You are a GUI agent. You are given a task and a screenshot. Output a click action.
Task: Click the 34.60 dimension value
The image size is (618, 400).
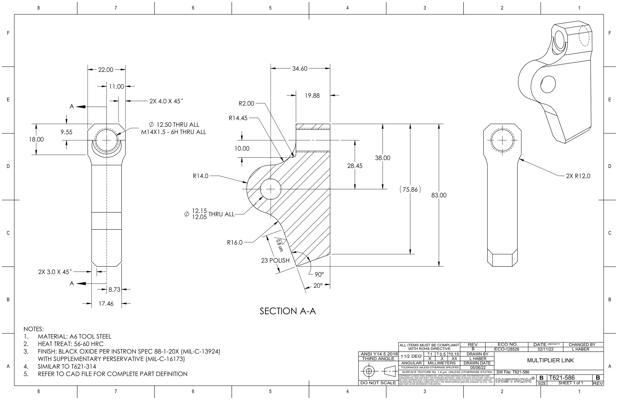(x=300, y=69)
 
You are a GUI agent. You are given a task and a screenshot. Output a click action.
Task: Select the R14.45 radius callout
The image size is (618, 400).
(x=238, y=118)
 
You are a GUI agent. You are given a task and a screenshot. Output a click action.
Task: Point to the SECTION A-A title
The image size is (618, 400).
(x=288, y=311)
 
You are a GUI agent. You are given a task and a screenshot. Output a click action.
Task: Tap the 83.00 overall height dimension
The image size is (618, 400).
(x=439, y=195)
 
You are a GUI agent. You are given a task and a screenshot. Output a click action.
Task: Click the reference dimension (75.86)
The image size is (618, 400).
(x=410, y=190)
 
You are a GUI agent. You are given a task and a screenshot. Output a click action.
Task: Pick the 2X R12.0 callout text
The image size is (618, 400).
(x=578, y=176)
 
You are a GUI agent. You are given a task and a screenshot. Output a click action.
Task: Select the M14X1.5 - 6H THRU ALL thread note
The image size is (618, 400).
(x=173, y=132)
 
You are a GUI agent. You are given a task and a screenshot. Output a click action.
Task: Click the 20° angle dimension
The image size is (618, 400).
(x=318, y=286)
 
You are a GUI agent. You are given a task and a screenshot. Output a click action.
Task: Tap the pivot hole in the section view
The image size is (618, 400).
(x=270, y=189)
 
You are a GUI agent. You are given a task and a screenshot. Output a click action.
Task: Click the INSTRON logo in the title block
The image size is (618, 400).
(x=515, y=380)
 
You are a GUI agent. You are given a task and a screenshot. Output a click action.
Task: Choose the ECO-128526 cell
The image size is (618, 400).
(x=507, y=349)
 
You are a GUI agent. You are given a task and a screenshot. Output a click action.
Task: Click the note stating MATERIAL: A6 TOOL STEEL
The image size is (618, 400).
(x=75, y=337)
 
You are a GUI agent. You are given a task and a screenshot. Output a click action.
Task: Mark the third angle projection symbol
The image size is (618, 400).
(x=378, y=371)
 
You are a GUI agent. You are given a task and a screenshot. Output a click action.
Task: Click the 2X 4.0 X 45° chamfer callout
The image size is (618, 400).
(x=166, y=101)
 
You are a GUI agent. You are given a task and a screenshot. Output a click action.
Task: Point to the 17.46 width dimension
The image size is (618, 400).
(x=106, y=304)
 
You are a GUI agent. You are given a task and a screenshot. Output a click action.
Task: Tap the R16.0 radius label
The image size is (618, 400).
(x=235, y=243)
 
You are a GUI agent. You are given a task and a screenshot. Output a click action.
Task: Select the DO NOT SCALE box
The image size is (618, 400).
(x=378, y=383)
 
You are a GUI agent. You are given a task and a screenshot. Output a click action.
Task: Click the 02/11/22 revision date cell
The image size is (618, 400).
(x=545, y=349)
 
